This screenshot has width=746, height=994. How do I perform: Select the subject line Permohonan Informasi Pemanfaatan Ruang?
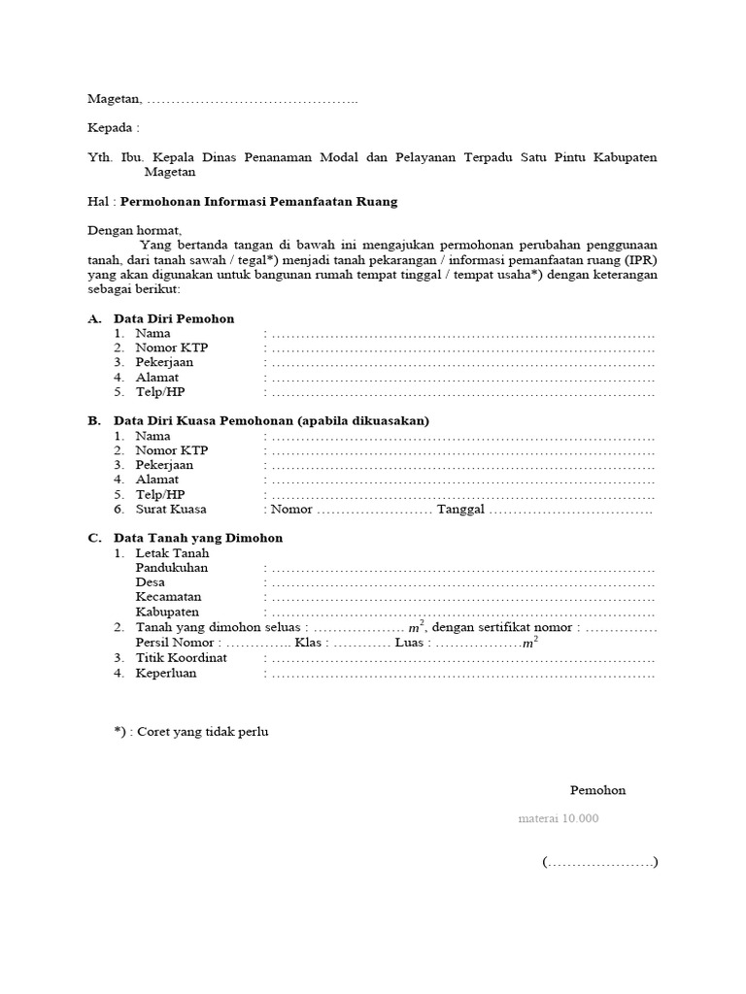(258, 201)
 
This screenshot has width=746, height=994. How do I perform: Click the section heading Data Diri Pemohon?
(174, 318)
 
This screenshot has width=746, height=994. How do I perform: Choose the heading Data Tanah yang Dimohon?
(198, 538)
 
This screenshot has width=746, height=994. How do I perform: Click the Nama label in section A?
(153, 333)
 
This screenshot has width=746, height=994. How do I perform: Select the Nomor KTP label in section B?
(172, 450)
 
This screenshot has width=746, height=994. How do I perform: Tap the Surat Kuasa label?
(171, 509)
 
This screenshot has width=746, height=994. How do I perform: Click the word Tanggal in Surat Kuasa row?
(460, 509)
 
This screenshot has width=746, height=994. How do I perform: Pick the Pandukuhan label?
(172, 567)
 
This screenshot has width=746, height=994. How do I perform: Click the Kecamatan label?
(169, 597)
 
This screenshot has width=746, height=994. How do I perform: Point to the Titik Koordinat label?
(181, 657)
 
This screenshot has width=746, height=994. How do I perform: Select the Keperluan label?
(166, 673)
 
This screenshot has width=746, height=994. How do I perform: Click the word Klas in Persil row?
(310, 643)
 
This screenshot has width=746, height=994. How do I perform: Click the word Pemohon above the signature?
(597, 790)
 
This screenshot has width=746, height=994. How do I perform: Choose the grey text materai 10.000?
(558, 818)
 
